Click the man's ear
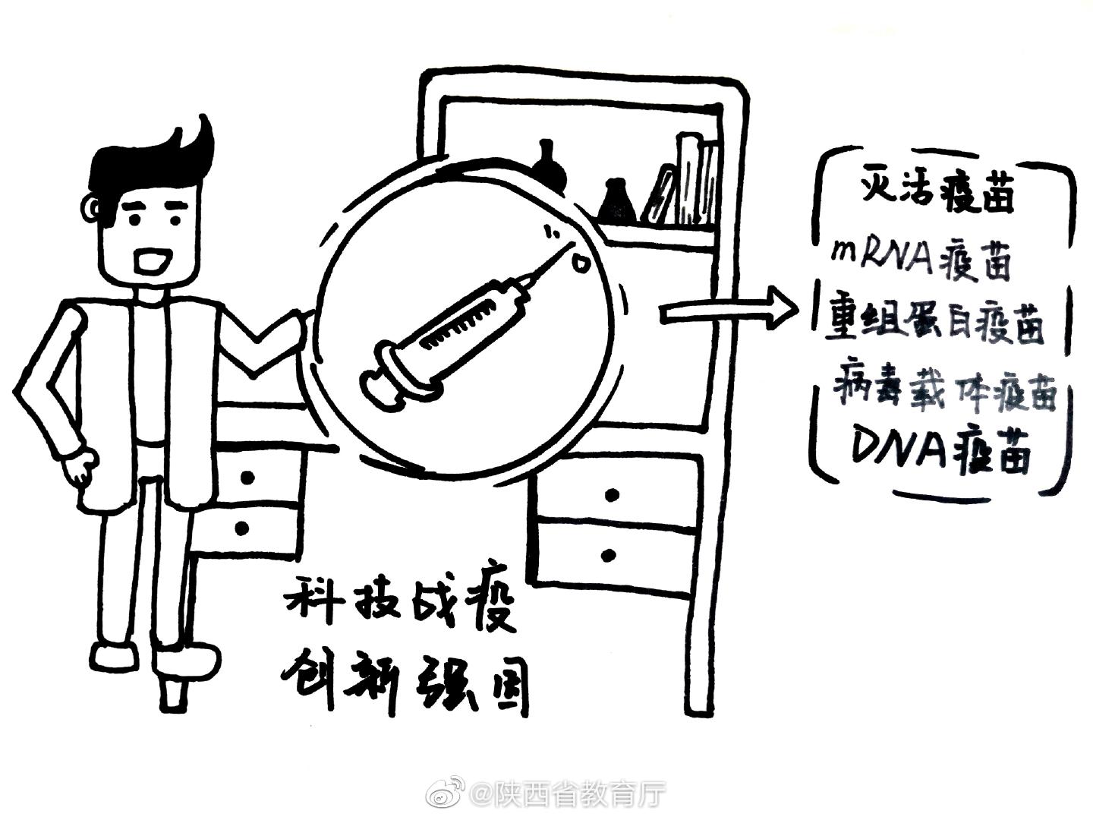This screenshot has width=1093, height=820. [92, 206]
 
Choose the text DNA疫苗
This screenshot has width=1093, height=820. [942, 452]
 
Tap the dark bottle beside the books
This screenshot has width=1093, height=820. [616, 200]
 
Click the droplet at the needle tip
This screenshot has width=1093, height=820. [581, 263]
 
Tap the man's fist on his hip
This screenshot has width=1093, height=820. [80, 466]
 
